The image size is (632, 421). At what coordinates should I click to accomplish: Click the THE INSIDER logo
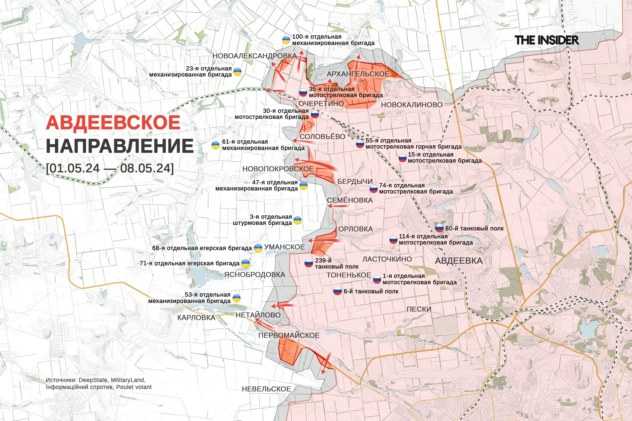547,40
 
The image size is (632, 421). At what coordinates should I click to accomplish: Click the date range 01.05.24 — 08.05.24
110,168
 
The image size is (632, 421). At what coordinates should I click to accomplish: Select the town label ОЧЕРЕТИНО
321,104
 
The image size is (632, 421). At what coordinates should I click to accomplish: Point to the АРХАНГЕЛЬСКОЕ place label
358,74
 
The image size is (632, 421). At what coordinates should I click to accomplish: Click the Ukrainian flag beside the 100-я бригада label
286,40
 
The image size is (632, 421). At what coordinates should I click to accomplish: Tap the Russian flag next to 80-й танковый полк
439,229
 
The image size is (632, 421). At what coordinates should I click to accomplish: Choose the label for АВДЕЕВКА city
459,261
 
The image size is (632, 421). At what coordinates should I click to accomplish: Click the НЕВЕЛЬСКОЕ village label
266,389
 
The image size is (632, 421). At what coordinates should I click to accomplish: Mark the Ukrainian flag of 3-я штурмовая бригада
297,220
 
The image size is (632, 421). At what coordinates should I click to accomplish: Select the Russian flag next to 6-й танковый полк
337,291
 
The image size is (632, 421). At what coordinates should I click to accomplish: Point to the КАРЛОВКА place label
196,318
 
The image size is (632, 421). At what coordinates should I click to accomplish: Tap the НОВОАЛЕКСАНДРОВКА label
254,56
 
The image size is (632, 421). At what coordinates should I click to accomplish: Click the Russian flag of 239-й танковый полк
309,263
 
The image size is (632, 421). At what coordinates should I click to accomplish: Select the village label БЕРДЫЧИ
355,181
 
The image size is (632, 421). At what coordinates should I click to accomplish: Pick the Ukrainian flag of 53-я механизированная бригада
236,298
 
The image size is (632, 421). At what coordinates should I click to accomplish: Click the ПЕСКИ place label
419,309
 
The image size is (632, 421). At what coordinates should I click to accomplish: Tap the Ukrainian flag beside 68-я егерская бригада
258,248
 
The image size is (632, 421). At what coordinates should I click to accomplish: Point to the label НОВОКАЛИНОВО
412,105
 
